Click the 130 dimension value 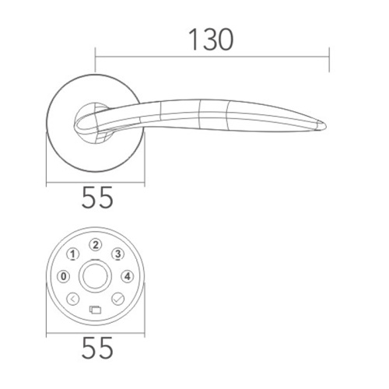click(210, 38)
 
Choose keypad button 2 click(95, 244)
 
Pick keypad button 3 click(117, 254)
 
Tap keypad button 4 click(127, 275)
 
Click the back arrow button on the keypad click(73, 298)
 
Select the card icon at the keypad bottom click(95, 309)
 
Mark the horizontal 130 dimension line click(210, 56)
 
